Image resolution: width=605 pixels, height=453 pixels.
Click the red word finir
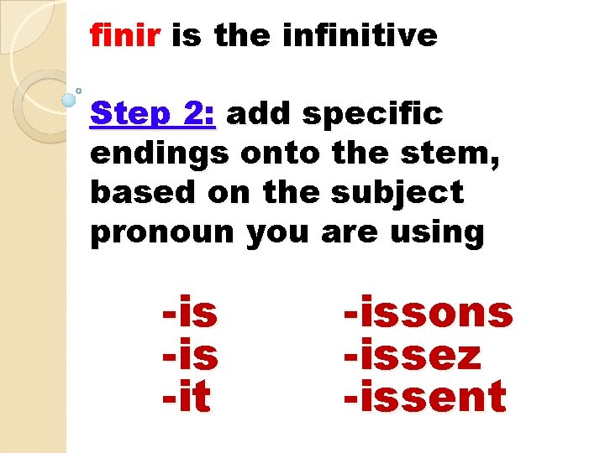pyautogui.click(x=127, y=36)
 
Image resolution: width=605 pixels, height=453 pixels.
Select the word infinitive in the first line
pyautogui.click(x=360, y=36)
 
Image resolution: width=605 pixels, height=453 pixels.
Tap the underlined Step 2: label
pyautogui.click(x=153, y=115)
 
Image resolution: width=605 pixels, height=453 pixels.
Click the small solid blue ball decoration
pyautogui.click(x=69, y=100)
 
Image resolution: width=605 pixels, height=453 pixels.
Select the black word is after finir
pyautogui.click(x=187, y=36)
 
